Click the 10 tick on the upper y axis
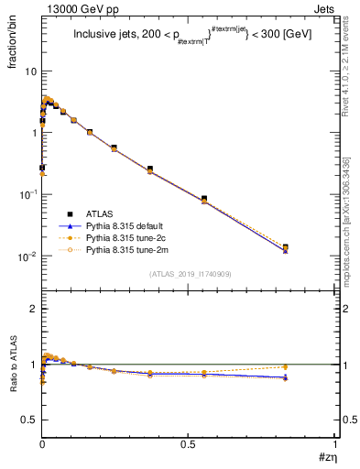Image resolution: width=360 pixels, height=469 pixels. coord(30,71)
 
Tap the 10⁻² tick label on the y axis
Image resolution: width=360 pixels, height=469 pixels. coord(27,256)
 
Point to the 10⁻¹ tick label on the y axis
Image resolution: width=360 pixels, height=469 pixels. coord(27,194)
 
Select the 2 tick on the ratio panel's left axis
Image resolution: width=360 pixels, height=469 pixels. coord(33,310)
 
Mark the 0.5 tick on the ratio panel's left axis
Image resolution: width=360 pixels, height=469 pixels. coord(29,419)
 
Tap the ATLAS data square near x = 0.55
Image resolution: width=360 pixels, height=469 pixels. coord(204,199)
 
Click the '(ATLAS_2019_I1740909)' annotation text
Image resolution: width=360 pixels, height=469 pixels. coord(189,274)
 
